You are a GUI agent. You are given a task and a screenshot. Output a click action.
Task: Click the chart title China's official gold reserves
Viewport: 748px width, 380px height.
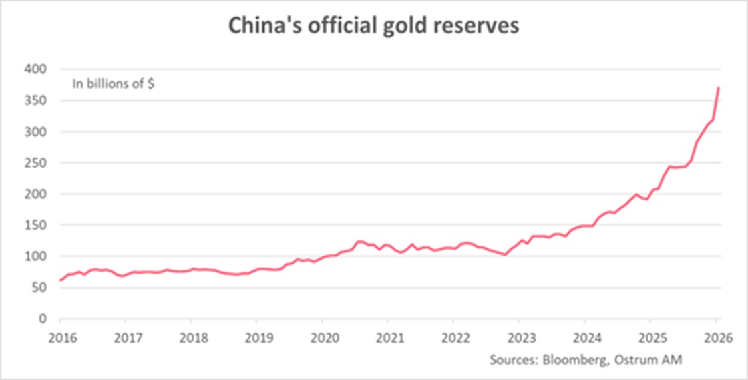point(374,26)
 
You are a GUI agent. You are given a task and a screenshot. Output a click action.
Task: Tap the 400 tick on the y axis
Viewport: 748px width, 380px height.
point(37,69)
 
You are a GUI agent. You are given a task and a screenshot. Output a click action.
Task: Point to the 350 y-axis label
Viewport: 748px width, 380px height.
point(37,100)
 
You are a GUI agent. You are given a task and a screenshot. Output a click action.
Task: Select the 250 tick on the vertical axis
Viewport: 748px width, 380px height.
point(37,163)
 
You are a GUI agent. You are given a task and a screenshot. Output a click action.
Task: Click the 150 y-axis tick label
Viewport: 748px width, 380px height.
point(37,225)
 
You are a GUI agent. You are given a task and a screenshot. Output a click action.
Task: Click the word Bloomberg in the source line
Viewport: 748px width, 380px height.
point(575,360)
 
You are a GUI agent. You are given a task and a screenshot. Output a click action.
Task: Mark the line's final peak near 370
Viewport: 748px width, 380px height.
point(718,88)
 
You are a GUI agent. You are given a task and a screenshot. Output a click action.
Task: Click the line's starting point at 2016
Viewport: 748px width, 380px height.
point(60,280)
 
